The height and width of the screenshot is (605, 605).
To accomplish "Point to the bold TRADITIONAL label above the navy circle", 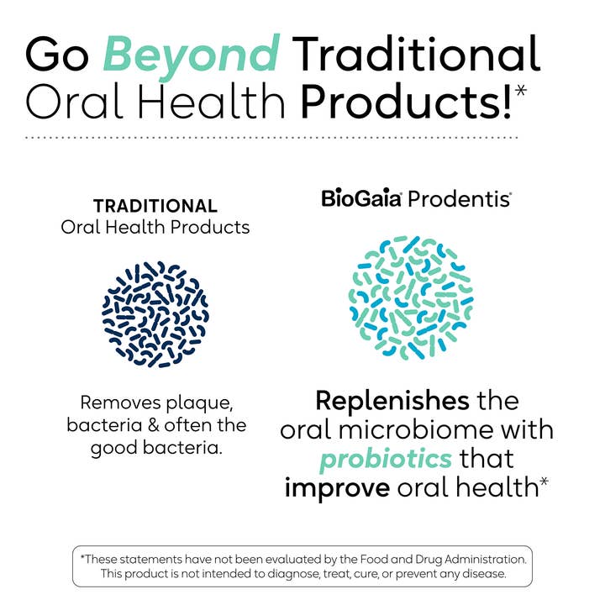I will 155,206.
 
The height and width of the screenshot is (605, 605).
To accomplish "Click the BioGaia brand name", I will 360,201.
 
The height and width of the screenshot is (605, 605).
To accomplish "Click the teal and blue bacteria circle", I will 409,297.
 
